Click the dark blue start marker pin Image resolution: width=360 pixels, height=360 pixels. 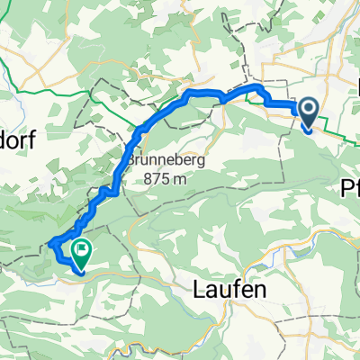(308, 114)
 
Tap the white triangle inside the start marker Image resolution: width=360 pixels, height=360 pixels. (308, 111)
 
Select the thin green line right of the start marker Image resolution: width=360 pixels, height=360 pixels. (337, 135)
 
